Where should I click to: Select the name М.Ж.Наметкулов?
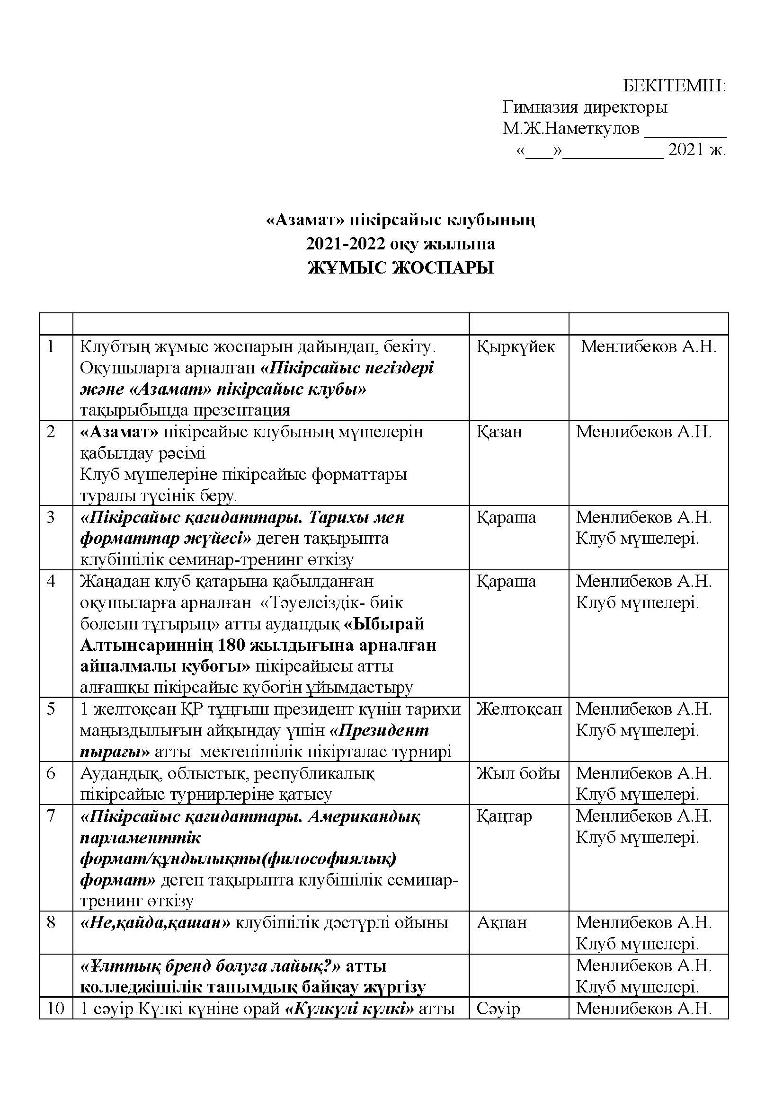[x=571, y=129]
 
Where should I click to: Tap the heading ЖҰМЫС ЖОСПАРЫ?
[x=400, y=268]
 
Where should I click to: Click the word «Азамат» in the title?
[x=306, y=221]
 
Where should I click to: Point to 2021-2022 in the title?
[x=346, y=244]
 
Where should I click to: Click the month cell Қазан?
[x=499, y=432]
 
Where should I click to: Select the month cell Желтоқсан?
[x=519, y=709]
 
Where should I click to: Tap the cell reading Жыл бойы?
[x=518, y=773]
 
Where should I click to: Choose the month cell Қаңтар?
[x=504, y=816]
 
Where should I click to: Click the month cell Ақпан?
[x=502, y=922]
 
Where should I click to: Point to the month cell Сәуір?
[x=498, y=1008]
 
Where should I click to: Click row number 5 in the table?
[x=51, y=709]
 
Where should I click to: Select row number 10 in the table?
[x=55, y=1008]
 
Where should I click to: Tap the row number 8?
[x=51, y=922]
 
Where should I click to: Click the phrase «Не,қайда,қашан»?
[x=155, y=922]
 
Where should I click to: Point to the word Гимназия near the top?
[x=540, y=107]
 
